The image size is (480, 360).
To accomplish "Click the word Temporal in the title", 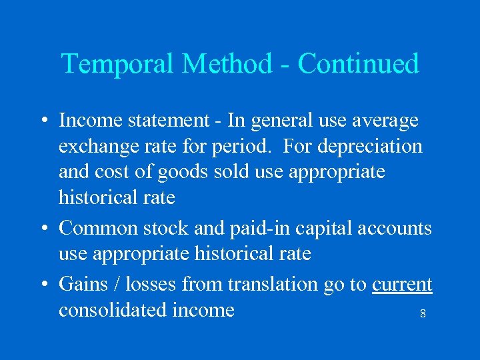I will pos(118,64).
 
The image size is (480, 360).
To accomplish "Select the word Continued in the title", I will pos(359,64).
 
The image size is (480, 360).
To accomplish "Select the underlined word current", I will pos(402,285).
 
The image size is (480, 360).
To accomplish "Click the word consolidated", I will pos(112,310).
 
